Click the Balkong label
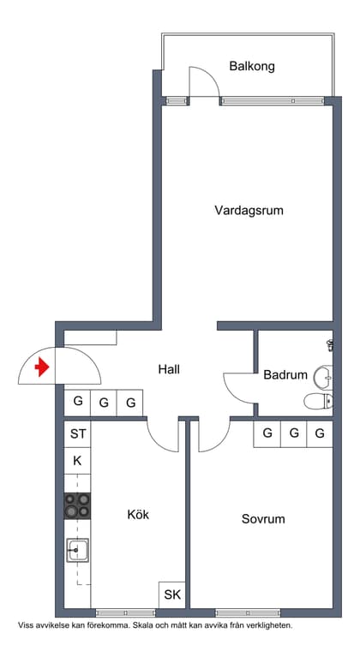[252, 66]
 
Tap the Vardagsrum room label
[249, 210]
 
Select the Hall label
[169, 369]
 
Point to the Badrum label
[285, 374]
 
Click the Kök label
[138, 515]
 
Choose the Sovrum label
[263, 519]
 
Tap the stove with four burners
[77, 505]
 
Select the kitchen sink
[77, 550]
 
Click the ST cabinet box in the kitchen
[77, 434]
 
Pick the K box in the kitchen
[77, 461]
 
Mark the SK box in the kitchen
[171, 594]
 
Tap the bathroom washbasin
[323, 376]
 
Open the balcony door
[204, 84]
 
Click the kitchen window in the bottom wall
[125, 612]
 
